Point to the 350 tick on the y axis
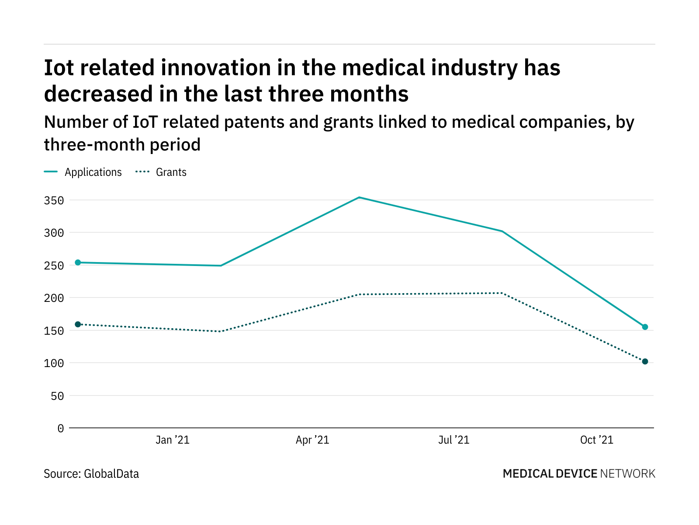pos(54,201)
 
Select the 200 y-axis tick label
pos(54,298)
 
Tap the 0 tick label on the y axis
pos(60,429)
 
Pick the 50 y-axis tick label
pos(57,396)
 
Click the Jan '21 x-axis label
pos(173,440)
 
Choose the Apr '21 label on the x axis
pos(312,440)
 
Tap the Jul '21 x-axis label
pos(454,440)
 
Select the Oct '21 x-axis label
pos(597,440)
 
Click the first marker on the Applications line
pos(78,262)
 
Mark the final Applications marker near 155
pos(645,327)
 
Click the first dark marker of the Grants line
pos(78,324)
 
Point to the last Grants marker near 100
pos(645,361)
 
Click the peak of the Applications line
pos(359,197)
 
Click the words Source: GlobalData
pos(91,474)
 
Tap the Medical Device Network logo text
pos(579,474)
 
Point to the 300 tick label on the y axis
pos(54,233)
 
